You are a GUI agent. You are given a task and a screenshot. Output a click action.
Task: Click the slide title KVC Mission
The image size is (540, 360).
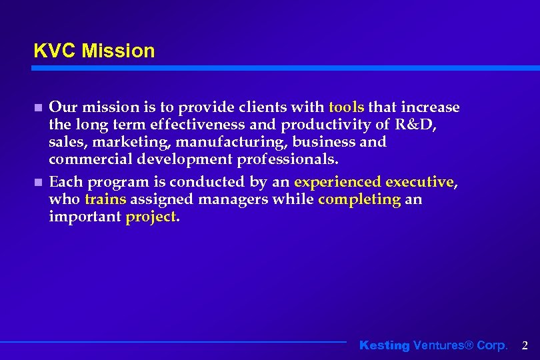[x=94, y=51]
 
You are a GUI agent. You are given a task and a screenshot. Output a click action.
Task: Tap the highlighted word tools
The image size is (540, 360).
[x=347, y=107]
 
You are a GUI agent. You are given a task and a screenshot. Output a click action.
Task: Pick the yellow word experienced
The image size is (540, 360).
[x=338, y=182]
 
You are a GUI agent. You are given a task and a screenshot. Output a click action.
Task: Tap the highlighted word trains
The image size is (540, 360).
[x=105, y=199]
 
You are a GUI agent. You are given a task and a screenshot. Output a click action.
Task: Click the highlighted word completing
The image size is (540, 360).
[x=360, y=199]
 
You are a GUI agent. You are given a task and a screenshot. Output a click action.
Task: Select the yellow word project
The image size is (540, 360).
[x=151, y=217]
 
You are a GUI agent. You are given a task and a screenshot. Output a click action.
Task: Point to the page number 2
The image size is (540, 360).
[x=525, y=345]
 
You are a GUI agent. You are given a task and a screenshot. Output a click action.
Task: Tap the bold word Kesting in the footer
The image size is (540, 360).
[x=385, y=345]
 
